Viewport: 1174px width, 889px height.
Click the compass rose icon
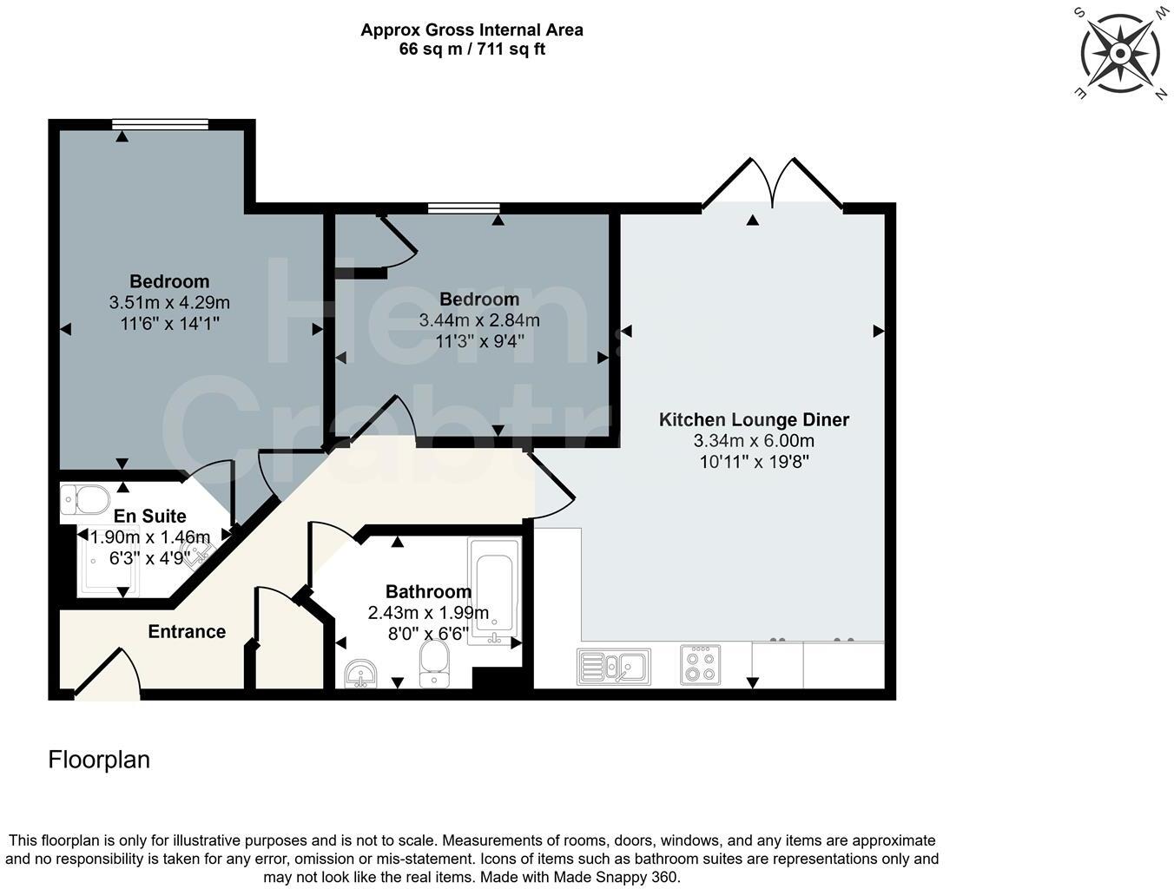tap(1119, 54)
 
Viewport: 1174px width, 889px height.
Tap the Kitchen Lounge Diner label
tap(754, 420)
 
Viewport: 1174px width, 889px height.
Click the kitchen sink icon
tap(613, 666)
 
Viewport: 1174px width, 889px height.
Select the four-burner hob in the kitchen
tap(700, 665)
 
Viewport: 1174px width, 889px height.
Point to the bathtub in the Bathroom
tap(494, 590)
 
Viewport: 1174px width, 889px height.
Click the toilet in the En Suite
tap(85, 500)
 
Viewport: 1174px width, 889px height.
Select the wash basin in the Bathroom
tap(360, 673)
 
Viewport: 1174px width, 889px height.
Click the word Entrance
tap(187, 632)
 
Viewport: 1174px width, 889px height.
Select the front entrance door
tap(107, 677)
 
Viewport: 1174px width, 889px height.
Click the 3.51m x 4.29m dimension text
tap(169, 303)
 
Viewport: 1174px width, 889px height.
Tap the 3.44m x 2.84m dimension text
tap(479, 320)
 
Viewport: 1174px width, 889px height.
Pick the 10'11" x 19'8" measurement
tap(754, 462)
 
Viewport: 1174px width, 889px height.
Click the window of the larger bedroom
tap(160, 124)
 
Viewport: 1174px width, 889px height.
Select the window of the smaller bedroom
tap(463, 208)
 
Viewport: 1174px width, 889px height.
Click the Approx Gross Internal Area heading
tap(472, 30)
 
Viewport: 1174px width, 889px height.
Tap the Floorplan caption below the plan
tap(99, 760)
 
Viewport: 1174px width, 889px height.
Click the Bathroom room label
tap(428, 592)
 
